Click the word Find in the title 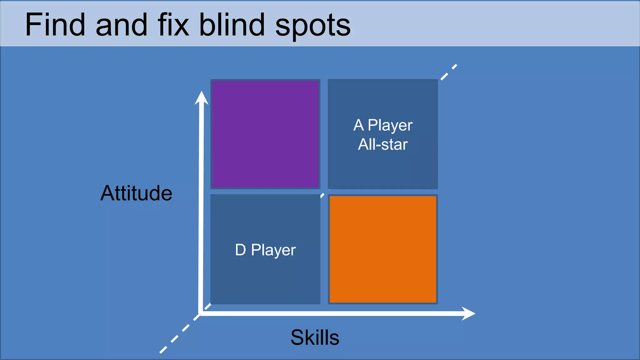point(55,25)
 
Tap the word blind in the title point(232,25)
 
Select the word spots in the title point(312,26)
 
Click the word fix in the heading point(173,25)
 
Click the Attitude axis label point(136,193)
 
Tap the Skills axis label point(315,337)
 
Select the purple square point(265,134)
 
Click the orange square point(383,249)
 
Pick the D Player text point(265,250)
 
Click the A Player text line point(383,125)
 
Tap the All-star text point(383,144)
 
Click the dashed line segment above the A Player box point(449,72)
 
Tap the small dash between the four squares point(322,196)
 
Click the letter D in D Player point(240,250)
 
